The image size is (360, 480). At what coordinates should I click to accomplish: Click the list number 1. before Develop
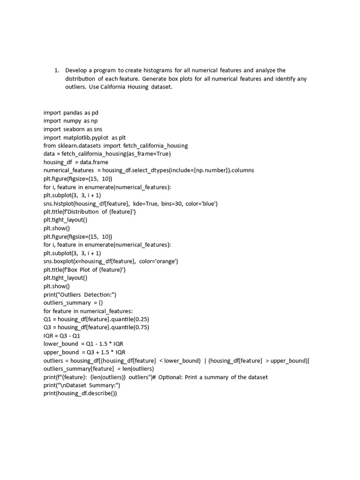[x=56, y=70]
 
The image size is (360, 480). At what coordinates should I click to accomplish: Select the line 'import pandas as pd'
[x=71, y=112]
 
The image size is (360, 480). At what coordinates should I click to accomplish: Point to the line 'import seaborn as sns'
[x=73, y=129]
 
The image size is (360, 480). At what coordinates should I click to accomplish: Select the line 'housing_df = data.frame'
[x=76, y=162]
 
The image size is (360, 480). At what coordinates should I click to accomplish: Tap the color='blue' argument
[x=200, y=203]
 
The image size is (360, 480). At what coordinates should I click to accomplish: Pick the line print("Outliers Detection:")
[x=80, y=294]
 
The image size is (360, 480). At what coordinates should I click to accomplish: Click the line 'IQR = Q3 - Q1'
[x=62, y=336]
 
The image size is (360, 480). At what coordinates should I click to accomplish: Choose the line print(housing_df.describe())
[x=80, y=394]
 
